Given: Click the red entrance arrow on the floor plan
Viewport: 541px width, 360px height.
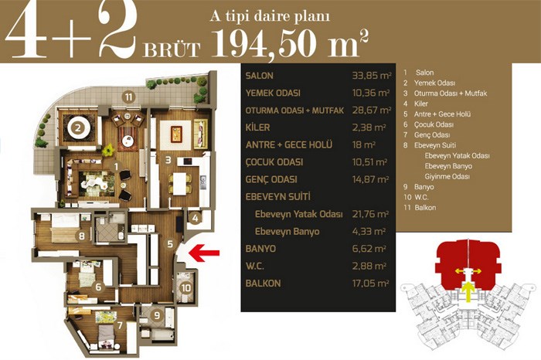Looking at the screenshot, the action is point(204,253).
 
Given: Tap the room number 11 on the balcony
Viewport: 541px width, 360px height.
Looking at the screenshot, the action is point(128,97).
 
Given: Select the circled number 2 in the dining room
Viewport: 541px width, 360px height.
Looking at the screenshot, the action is point(78,128).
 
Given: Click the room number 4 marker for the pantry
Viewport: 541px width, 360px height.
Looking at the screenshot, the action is point(196,218).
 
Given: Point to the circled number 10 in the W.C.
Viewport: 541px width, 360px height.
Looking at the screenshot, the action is point(186,287).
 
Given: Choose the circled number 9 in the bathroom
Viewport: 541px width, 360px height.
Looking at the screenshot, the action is point(157,315).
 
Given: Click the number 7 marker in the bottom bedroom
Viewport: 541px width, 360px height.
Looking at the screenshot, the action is point(120,325).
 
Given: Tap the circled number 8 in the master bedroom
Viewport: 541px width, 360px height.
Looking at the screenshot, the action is point(82,236).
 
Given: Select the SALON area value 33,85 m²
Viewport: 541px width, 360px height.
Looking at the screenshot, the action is point(372,76).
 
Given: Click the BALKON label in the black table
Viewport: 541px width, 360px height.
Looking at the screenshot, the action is point(263,284).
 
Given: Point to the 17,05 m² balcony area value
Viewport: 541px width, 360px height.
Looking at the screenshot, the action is point(370,284).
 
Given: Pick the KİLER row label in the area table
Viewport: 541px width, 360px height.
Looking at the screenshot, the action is point(257,127).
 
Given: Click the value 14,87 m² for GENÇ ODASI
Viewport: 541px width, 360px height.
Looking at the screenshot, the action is point(370,179).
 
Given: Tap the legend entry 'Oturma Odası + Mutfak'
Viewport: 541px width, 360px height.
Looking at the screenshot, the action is point(451,93).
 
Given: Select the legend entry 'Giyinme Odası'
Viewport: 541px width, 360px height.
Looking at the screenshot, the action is point(447,177).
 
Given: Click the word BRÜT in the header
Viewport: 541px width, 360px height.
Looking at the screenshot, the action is point(172,49).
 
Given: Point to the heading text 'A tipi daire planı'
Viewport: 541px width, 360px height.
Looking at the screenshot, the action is point(270,16).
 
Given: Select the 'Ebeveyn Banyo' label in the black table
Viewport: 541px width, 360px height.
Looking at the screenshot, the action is point(287,232).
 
